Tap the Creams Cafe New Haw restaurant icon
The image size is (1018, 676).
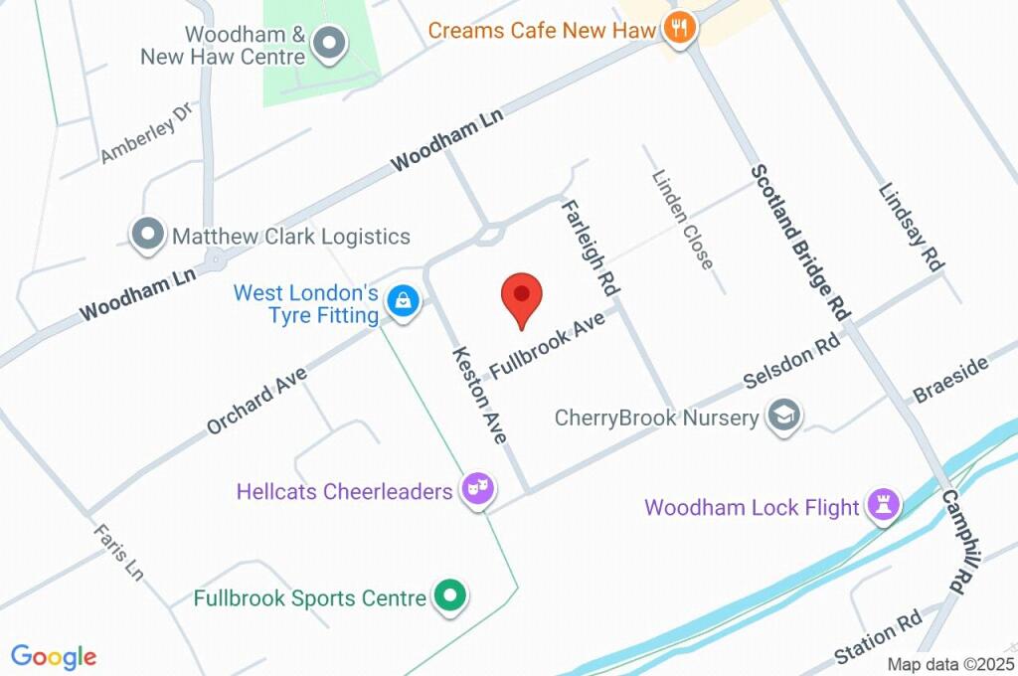coord(680,29)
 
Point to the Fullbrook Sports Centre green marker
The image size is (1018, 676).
coord(450,597)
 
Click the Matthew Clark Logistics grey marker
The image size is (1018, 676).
coord(148,236)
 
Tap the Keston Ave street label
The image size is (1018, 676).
coord(479,395)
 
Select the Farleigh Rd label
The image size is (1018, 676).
coord(592,246)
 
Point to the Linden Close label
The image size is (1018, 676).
coord(683,219)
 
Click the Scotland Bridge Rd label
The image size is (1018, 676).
coord(800,242)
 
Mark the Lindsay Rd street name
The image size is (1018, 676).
coord(911,227)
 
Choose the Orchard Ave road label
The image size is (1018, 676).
coord(256,399)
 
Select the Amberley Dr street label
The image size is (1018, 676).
coord(146,136)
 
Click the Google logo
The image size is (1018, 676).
coord(54,657)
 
